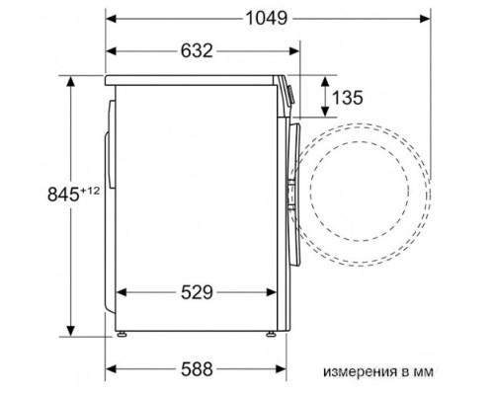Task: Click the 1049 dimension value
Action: pyautogui.click(x=267, y=18)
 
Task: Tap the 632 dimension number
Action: pyautogui.click(x=197, y=51)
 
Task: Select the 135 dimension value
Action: pyautogui.click(x=347, y=98)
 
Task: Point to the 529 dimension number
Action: pyautogui.click(x=197, y=292)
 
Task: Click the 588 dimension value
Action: pyautogui.click(x=197, y=369)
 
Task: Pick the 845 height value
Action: pyautogui.click(x=63, y=195)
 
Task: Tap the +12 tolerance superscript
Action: pyautogui.click(x=90, y=191)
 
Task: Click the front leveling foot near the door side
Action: pyautogui.click(x=272, y=334)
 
